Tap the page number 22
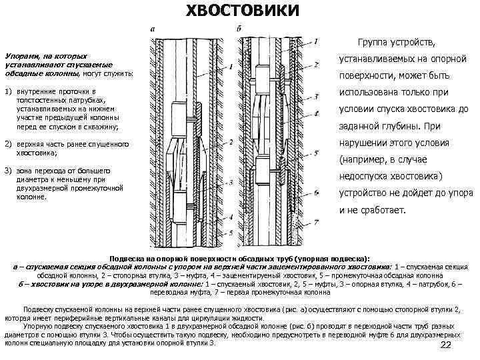(x=447, y=344)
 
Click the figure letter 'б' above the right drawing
(x=239, y=29)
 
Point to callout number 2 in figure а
(x=230, y=142)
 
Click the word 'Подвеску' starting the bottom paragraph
(x=39, y=309)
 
